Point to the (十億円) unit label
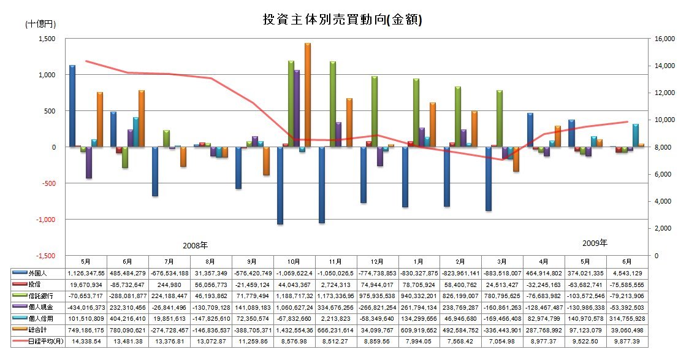tap(40, 25)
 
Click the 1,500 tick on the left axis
tap(47, 39)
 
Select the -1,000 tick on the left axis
tap(45, 219)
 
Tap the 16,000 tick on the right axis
tap(665, 39)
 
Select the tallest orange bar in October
tap(308, 95)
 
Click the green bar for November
tap(333, 104)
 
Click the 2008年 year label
tap(195, 245)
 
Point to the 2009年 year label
tap(594, 243)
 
